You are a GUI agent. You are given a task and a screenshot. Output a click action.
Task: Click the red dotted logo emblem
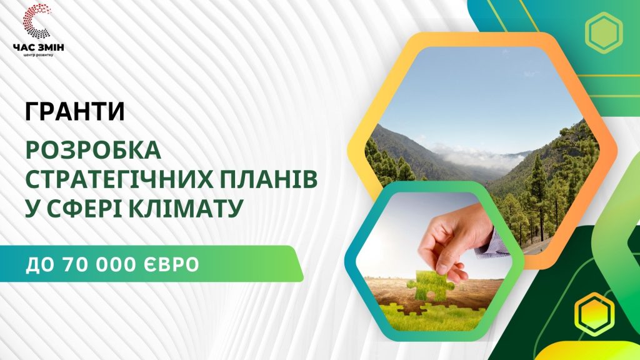(x=37, y=21)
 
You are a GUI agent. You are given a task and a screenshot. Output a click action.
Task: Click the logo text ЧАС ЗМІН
(x=38, y=47)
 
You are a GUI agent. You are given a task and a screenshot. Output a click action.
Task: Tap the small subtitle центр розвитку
(x=38, y=55)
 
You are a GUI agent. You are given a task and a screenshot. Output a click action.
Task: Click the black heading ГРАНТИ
(x=75, y=111)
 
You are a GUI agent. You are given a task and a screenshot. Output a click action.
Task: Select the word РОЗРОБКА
(x=94, y=150)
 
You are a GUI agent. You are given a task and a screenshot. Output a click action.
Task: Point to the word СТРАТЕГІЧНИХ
(x=117, y=179)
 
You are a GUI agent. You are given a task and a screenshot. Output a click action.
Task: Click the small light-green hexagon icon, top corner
(x=604, y=32)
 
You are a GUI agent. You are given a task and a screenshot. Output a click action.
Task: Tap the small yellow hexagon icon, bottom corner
(x=594, y=312)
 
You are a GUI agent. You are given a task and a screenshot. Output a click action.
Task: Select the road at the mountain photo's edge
(x=539, y=246)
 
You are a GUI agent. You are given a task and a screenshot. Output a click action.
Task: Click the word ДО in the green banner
(x=41, y=265)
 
